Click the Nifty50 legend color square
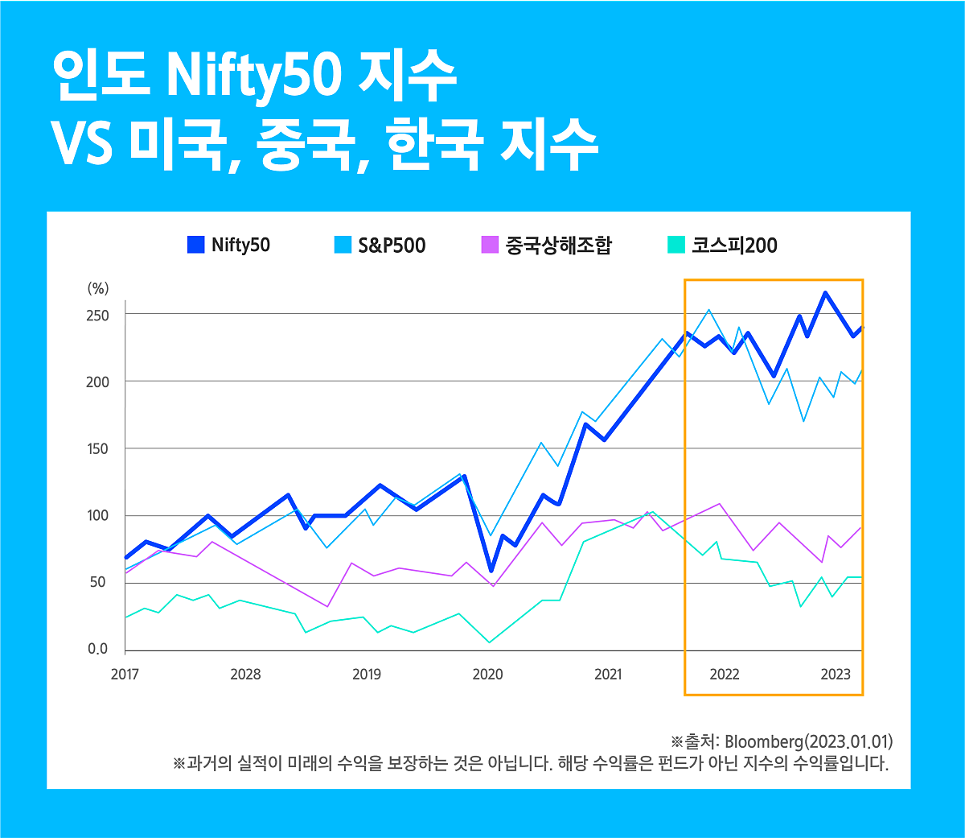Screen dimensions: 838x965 [195, 245]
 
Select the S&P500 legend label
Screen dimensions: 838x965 [392, 246]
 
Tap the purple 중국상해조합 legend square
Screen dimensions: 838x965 [490, 245]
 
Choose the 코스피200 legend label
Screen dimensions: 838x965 [734, 246]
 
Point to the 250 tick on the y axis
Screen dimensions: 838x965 [97, 315]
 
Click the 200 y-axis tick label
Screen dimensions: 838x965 [97, 382]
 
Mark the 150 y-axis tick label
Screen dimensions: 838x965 [97, 448]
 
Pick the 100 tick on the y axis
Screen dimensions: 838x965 [97, 515]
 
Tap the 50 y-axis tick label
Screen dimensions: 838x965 [97, 582]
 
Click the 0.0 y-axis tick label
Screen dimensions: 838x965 [97, 649]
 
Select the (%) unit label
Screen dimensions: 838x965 [97, 289]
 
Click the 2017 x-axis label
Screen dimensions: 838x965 [125, 675]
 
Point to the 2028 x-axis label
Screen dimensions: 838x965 [245, 675]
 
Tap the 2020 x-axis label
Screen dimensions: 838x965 [487, 675]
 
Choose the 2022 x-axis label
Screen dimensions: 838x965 [725, 675]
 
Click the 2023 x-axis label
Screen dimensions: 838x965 [836, 675]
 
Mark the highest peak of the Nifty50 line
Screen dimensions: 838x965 [825, 293]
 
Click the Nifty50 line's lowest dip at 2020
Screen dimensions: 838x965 [491, 570]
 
